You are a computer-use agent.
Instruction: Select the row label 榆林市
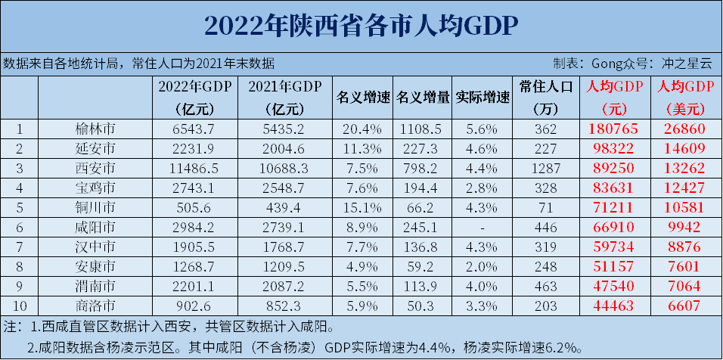(95, 129)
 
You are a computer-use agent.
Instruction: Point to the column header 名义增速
(362, 98)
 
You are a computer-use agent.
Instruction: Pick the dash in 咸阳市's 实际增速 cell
(482, 227)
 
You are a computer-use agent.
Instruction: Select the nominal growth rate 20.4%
(362, 129)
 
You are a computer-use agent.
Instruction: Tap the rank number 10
(20, 306)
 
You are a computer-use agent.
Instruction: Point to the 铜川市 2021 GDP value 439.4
(284, 207)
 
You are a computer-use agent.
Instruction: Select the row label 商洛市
(95, 306)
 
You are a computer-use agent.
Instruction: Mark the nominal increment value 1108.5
(423, 129)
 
